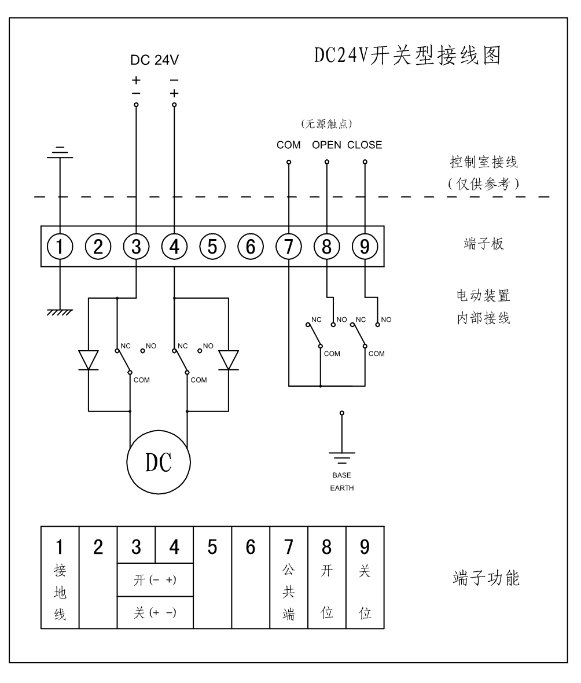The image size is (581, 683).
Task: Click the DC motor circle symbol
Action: click(159, 462)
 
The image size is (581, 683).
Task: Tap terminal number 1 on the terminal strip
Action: click(60, 247)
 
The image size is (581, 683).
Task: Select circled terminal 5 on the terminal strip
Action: click(212, 247)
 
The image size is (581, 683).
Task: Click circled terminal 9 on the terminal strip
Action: click(365, 247)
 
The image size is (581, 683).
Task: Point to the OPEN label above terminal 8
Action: click(326, 145)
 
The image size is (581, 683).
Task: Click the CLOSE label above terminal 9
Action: click(365, 145)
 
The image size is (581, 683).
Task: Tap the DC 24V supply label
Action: click(155, 60)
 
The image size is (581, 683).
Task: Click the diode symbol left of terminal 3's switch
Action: click(89, 360)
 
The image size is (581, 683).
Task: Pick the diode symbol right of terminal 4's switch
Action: click(230, 360)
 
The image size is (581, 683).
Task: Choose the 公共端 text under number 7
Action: click(289, 593)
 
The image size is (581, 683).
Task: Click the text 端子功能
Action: click(486, 579)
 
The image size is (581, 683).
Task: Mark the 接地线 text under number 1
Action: click(60, 593)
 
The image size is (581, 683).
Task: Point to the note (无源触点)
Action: click(327, 123)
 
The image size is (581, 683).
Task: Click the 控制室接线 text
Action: click(484, 162)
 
